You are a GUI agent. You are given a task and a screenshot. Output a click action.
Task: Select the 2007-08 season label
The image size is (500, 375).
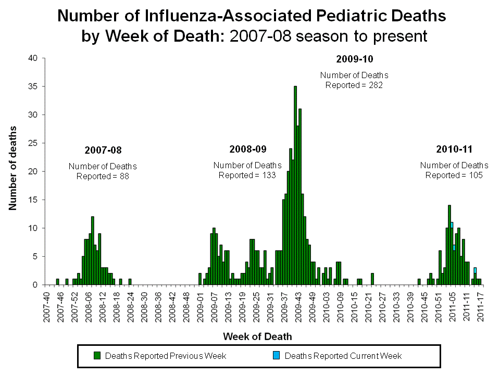click(103, 151)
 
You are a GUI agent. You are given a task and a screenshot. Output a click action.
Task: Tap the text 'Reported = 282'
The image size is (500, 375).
click(354, 85)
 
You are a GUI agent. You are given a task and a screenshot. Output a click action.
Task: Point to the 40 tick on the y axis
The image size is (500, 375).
click(32, 58)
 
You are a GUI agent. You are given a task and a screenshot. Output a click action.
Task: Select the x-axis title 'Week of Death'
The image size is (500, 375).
click(257, 336)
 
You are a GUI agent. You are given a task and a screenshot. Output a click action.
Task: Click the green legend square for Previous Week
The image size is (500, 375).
click(97, 356)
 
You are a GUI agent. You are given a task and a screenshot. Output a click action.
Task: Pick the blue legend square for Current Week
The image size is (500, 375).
click(277, 356)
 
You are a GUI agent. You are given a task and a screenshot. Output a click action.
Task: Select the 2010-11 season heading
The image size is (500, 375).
click(454, 149)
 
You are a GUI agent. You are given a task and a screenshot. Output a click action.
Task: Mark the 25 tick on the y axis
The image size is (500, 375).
click(32, 143)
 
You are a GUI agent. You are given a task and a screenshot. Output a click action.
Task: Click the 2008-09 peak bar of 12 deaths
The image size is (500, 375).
click(92, 251)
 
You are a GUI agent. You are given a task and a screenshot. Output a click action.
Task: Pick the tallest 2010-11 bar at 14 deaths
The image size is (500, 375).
click(449, 245)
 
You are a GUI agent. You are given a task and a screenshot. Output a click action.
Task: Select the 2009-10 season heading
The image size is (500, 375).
click(354, 59)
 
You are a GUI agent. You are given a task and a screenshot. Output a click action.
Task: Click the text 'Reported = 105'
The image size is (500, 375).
click(454, 175)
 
